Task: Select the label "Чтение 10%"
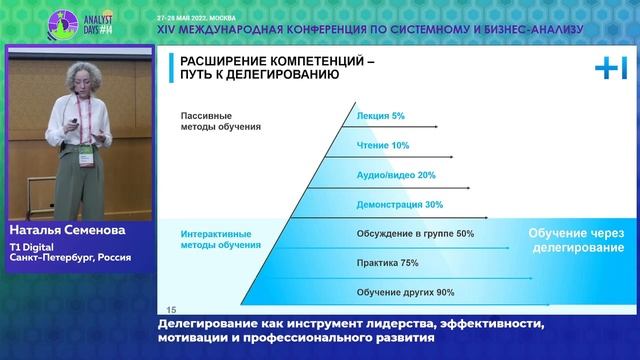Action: click(x=383, y=146)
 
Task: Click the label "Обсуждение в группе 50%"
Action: click(x=415, y=234)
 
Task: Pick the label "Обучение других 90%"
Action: click(x=405, y=292)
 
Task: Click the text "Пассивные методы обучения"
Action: click(x=221, y=121)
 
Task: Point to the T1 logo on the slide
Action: click(x=610, y=68)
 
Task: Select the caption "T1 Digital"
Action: click(x=30, y=246)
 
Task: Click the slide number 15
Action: click(x=170, y=309)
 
